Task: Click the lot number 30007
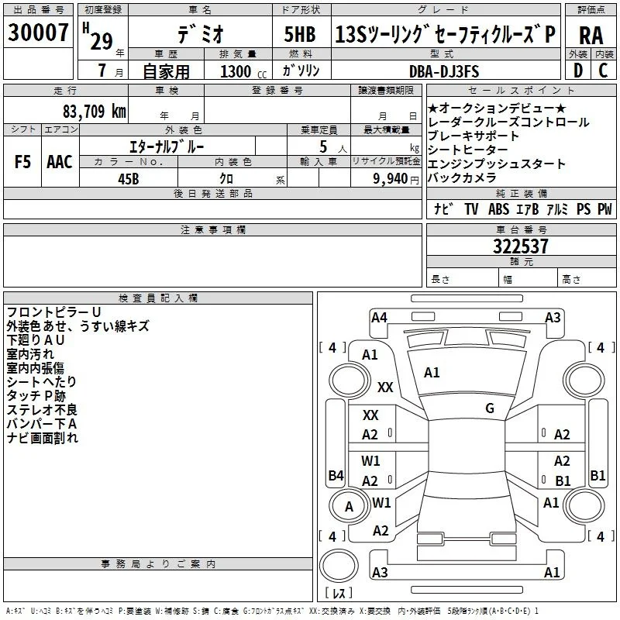click(38, 32)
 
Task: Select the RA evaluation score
click(591, 36)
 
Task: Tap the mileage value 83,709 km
click(94, 112)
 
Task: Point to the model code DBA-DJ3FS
click(444, 71)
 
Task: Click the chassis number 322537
click(520, 246)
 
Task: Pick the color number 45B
click(129, 179)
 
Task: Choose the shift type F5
click(22, 162)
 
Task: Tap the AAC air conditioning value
click(60, 162)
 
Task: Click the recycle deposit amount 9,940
click(391, 179)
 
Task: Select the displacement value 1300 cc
click(243, 71)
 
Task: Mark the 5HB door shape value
click(300, 34)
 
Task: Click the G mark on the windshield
click(490, 408)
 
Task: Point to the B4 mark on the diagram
click(336, 475)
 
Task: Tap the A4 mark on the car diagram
click(379, 318)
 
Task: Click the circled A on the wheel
click(349, 507)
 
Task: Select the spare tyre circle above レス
click(339, 566)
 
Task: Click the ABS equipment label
click(498, 208)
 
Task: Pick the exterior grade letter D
click(578, 71)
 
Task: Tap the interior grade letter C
click(604, 71)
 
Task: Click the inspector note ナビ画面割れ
click(43, 438)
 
